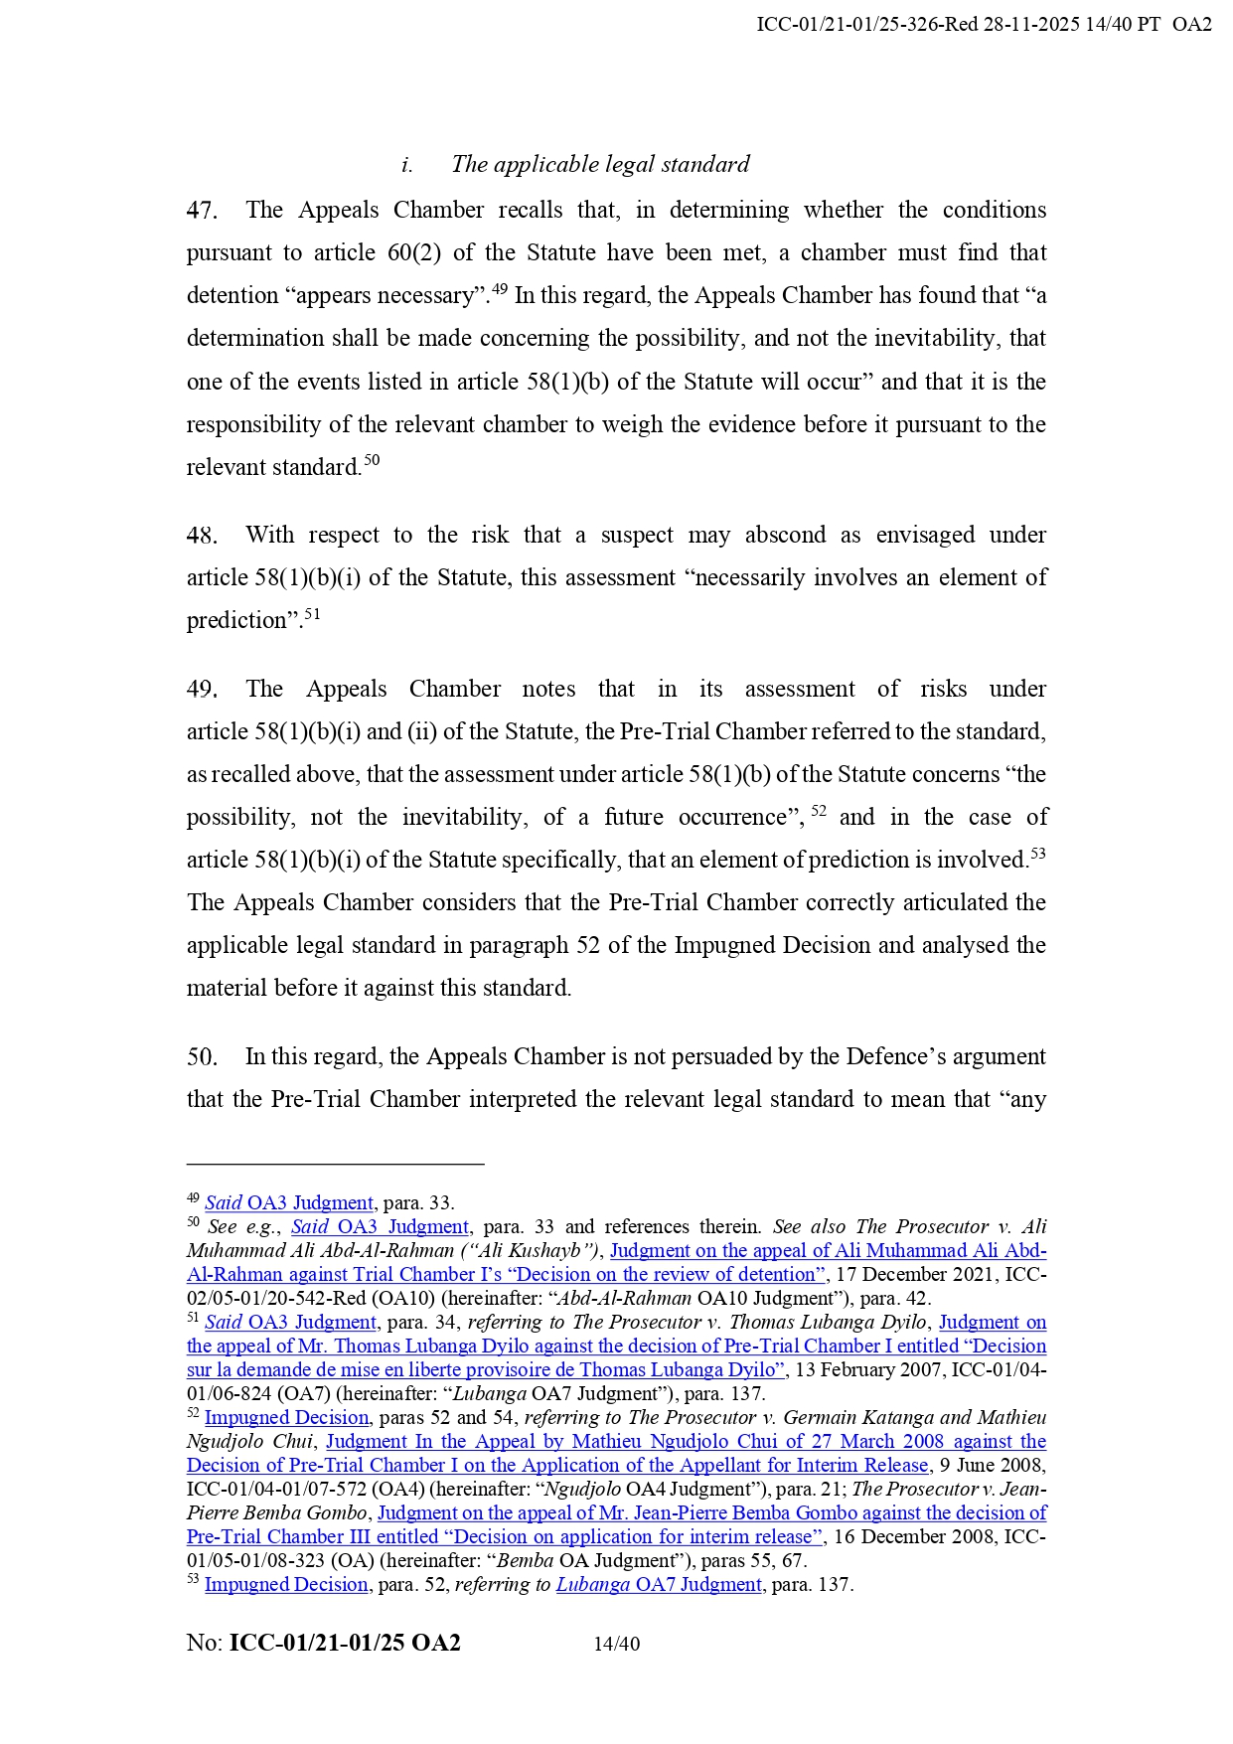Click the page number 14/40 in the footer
click(616, 1644)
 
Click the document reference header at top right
click(984, 25)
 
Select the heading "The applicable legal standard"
click(600, 164)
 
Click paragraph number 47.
click(202, 211)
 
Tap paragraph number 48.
click(202, 536)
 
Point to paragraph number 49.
click(202, 690)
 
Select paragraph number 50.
click(202, 1057)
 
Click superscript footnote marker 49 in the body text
click(500, 289)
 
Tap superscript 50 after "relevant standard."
click(372, 460)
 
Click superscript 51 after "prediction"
click(312, 614)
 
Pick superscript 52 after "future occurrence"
click(819, 811)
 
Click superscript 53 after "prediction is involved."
click(1037, 854)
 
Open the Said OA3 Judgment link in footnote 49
click(289, 1203)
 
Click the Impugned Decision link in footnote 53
click(286, 1585)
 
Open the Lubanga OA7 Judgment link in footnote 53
click(659, 1585)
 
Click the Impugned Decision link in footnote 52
click(286, 1418)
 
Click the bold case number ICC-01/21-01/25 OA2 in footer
click(345, 1643)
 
